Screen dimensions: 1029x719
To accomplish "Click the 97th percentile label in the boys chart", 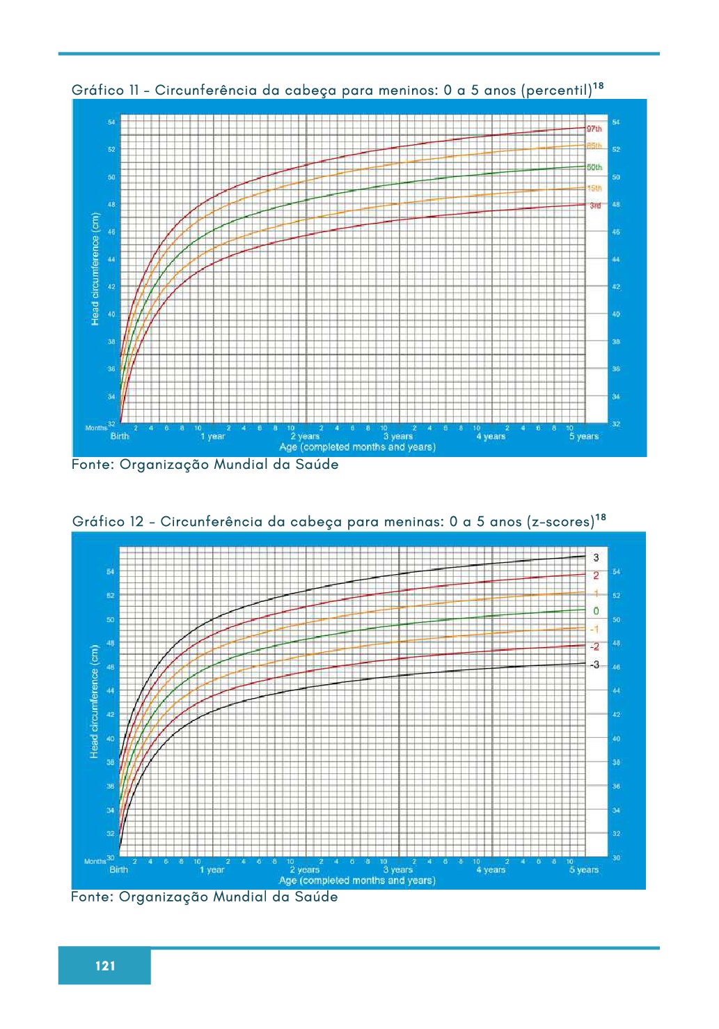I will tap(594, 129).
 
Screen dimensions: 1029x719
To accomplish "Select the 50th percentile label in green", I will tap(594, 167).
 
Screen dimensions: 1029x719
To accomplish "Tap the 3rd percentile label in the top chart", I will tap(595, 206).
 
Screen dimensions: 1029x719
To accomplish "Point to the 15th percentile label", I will tap(594, 188).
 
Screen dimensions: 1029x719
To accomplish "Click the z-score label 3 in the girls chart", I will tap(596, 557).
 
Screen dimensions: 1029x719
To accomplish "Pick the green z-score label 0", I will tap(596, 611).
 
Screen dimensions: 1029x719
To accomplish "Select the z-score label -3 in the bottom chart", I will tap(594, 665).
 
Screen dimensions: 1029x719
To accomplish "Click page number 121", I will tap(105, 966).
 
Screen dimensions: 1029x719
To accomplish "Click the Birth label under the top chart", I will tap(120, 437).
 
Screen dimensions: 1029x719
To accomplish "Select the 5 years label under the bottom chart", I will tap(583, 869).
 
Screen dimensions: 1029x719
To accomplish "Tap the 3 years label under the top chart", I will tap(397, 437).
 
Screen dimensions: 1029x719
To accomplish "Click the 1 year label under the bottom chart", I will tap(212, 869).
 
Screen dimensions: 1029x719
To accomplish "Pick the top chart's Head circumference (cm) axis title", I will tap(95, 268).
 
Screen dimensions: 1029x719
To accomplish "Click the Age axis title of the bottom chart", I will tap(357, 881).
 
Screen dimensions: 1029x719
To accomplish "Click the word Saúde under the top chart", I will tap(316, 465).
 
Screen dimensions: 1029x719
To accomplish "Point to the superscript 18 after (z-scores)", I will tap(601, 517).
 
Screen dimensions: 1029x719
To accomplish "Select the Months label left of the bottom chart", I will tap(95, 861).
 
